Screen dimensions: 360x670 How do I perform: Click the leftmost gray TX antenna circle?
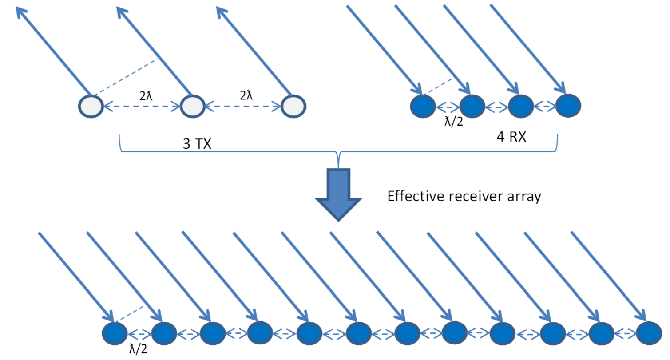pyautogui.click(x=91, y=107)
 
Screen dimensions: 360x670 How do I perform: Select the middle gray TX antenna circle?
pyautogui.click(x=192, y=107)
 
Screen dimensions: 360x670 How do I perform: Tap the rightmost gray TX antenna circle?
pyautogui.click(x=293, y=107)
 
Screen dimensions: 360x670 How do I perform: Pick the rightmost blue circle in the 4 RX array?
pyautogui.click(x=568, y=107)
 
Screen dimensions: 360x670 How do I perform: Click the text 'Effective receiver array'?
pyautogui.click(x=464, y=196)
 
